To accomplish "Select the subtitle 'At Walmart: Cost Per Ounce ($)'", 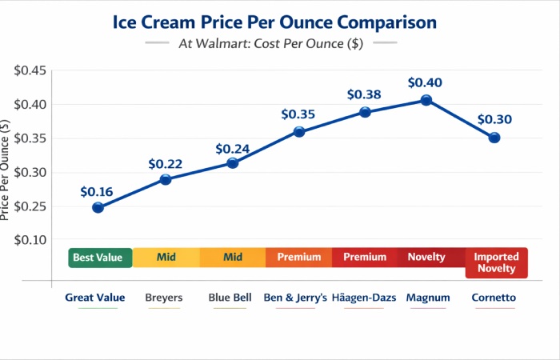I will (271, 44).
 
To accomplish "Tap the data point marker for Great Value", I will (98, 207).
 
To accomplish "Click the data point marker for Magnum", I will (426, 100).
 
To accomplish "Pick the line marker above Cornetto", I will (494, 138).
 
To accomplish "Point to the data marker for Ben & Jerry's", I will (299, 132).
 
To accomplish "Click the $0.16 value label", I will (97, 192).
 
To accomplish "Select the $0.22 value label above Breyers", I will (165, 164).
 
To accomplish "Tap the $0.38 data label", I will (364, 94).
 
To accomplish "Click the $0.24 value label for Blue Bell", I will (233, 148).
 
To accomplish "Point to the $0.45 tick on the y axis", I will (30, 70).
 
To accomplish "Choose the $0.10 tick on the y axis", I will (30, 240).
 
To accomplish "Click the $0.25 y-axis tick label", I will (30, 206).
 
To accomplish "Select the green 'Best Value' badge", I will (98, 258).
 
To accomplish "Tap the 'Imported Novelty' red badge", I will (496, 262).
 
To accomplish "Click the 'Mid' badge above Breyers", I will (166, 258).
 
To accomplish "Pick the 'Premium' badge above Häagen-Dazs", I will (364, 258).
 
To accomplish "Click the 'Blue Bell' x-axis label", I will (230, 298).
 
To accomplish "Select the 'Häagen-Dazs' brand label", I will (362, 298).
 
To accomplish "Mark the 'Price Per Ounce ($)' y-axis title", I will (6, 170).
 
